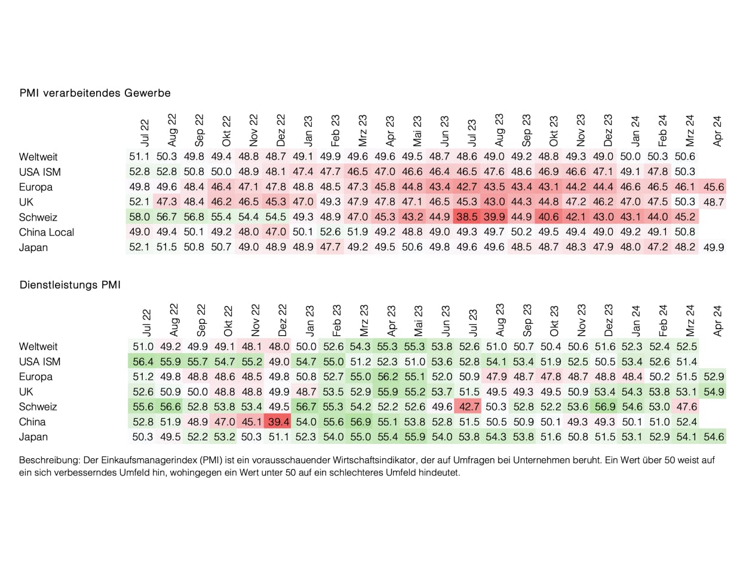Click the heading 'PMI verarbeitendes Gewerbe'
coord(95,93)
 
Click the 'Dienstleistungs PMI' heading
coord(70,286)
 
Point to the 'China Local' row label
coord(47,232)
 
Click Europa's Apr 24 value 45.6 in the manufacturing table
coord(714,187)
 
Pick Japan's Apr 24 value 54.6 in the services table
coord(714,437)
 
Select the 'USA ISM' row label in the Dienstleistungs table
coord(40,361)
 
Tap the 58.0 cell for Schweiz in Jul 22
coord(139,217)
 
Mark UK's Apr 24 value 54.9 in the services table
coord(714,392)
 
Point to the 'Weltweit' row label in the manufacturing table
coord(38,157)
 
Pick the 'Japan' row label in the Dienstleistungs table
coord(33,437)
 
